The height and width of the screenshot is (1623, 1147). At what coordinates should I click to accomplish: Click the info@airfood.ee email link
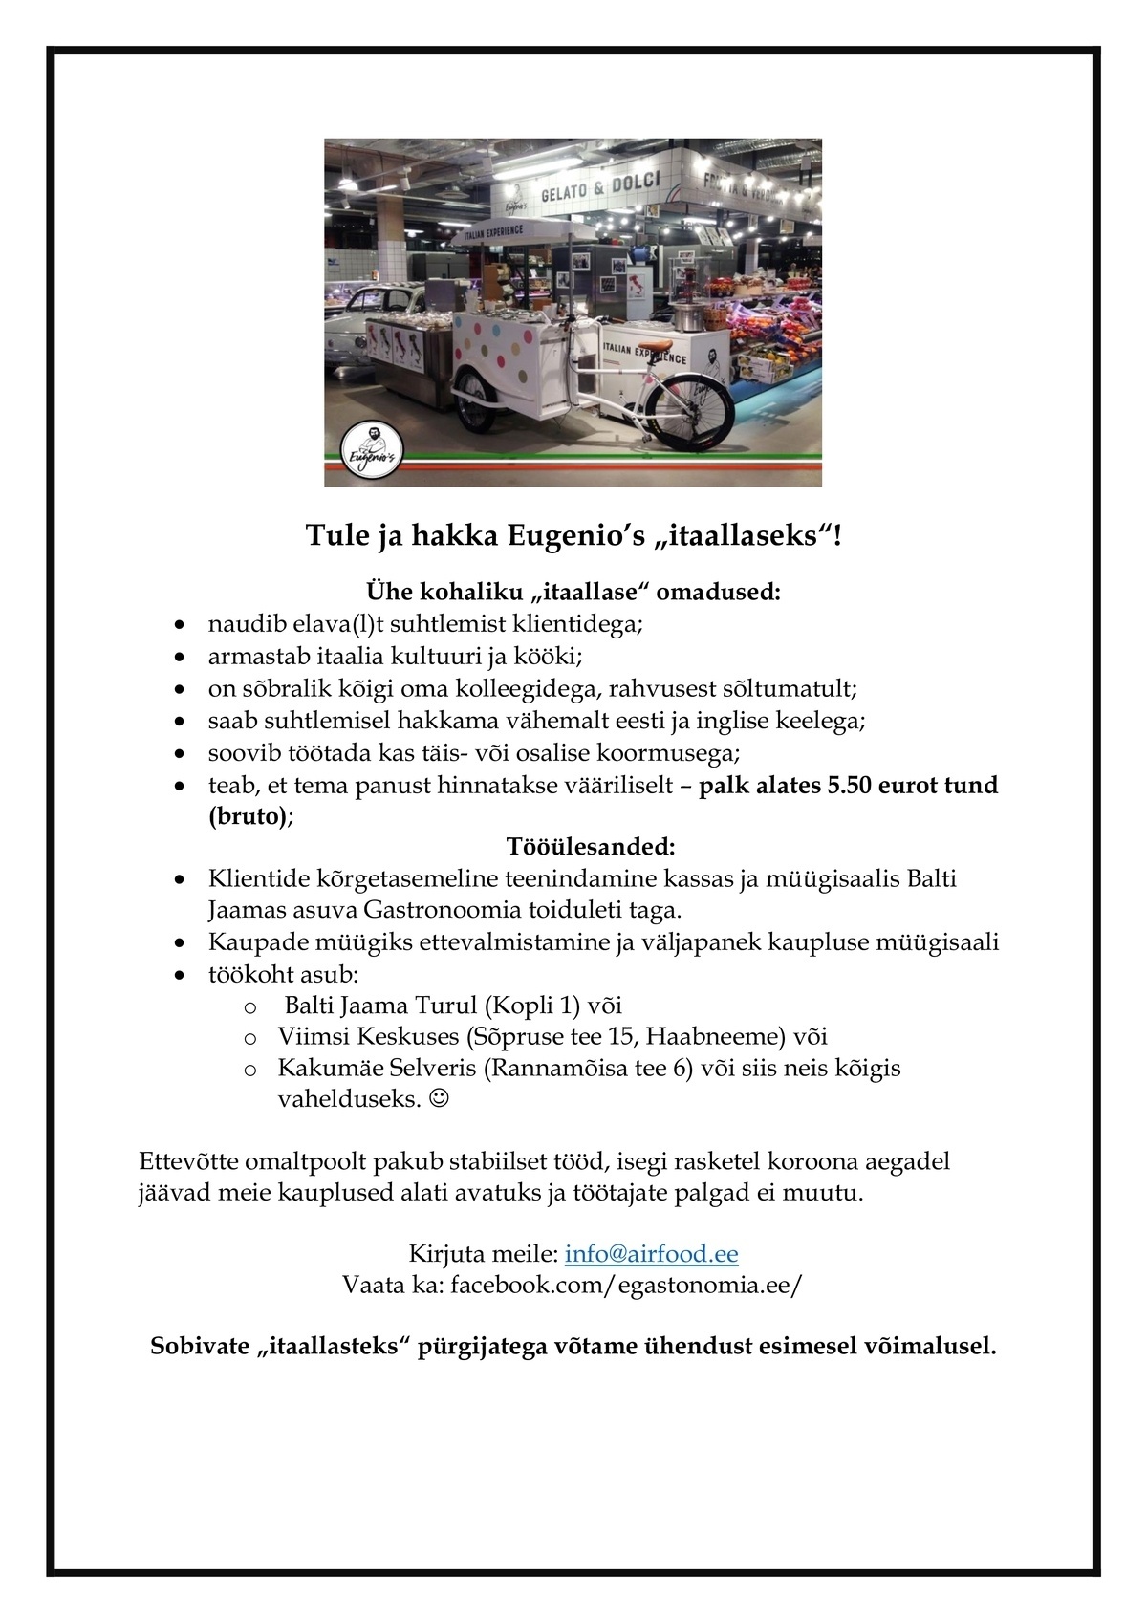(651, 1254)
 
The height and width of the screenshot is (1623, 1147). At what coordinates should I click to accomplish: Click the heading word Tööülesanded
(590, 847)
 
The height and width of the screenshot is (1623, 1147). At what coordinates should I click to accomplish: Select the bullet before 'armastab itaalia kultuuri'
(180, 658)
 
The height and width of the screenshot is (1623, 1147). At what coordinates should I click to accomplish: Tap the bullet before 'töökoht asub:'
(180, 975)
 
